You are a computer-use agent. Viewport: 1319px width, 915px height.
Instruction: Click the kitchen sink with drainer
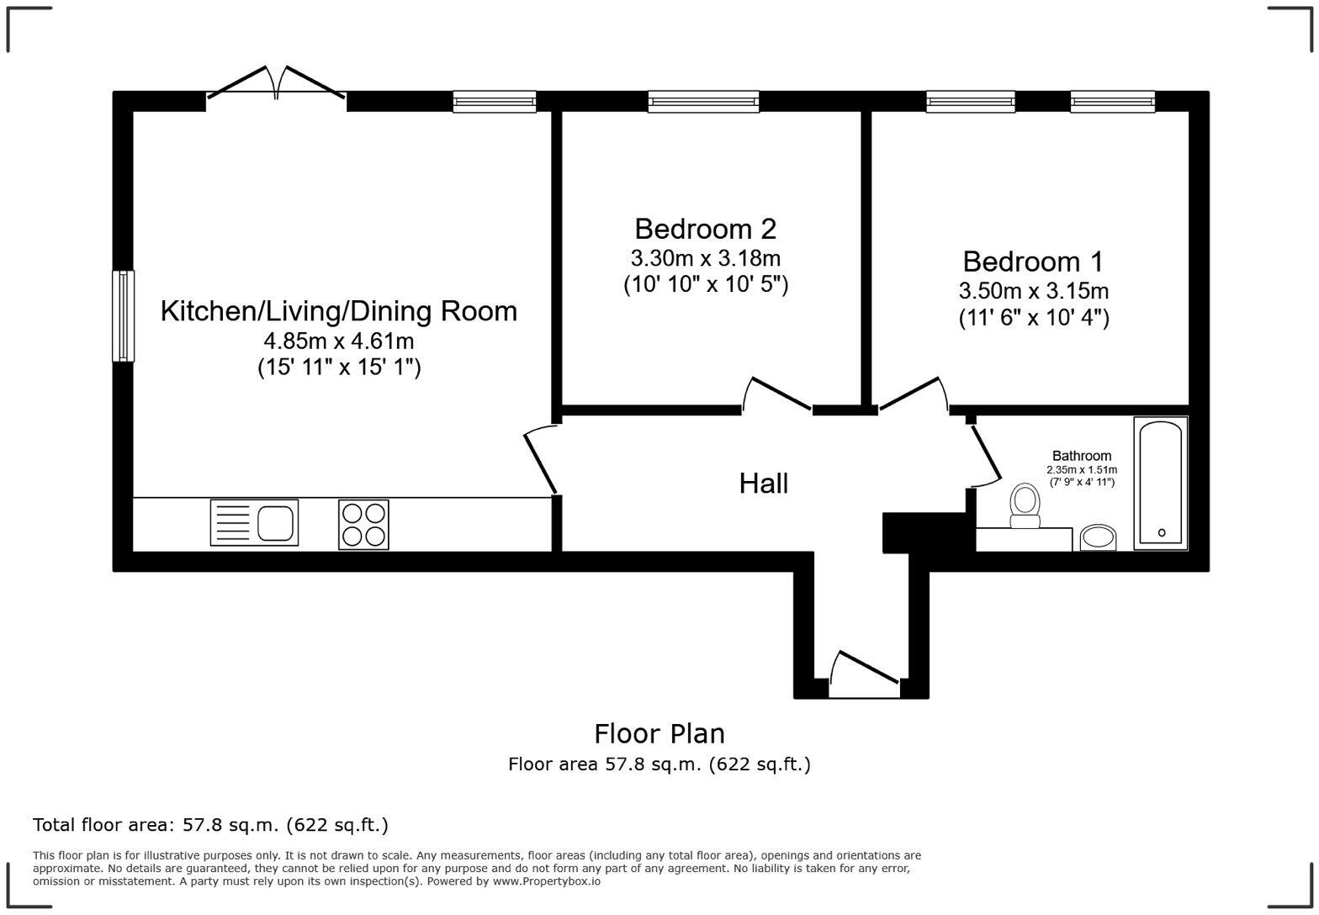click(x=254, y=522)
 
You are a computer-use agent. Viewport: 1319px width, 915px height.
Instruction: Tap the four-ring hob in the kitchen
click(x=363, y=525)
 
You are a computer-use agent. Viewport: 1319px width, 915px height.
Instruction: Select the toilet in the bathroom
click(x=1025, y=505)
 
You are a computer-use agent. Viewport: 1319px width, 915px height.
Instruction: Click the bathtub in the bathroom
click(x=1160, y=484)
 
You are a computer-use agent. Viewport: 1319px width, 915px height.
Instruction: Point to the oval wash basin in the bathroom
click(x=1097, y=537)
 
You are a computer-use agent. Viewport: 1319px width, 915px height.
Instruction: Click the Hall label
click(x=763, y=484)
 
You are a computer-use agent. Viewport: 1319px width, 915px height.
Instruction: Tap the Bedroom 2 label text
click(x=705, y=229)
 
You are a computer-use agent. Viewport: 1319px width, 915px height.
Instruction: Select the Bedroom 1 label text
click(x=1033, y=262)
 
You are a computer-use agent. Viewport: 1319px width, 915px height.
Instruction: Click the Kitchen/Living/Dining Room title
click(x=338, y=311)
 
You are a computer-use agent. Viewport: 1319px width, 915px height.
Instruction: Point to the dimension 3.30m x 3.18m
click(x=705, y=257)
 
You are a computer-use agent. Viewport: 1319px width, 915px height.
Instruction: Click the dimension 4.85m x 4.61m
click(x=338, y=341)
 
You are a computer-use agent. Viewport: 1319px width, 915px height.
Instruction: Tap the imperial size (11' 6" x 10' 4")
click(x=1033, y=318)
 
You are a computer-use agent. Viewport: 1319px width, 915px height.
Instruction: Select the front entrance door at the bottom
click(x=865, y=673)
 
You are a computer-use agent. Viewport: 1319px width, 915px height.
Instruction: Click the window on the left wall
click(x=124, y=315)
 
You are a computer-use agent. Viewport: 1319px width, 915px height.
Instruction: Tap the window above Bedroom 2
click(x=703, y=102)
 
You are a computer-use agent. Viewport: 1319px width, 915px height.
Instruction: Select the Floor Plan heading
click(x=659, y=733)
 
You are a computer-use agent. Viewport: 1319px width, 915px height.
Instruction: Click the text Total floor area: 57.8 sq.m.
click(x=210, y=825)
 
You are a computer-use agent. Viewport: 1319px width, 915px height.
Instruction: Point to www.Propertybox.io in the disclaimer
click(x=546, y=881)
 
